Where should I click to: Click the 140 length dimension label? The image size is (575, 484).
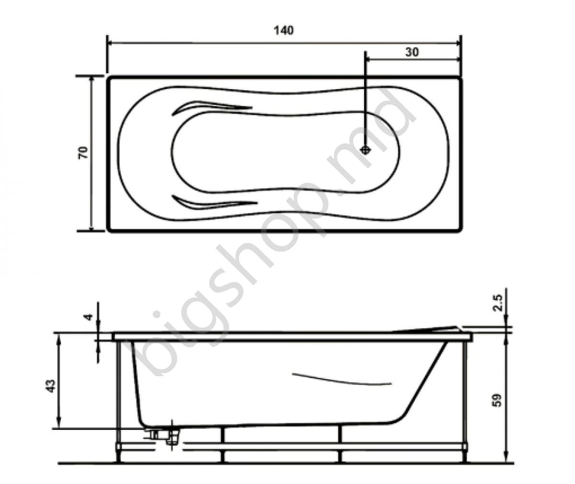284,30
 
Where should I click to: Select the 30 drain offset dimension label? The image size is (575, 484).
412,52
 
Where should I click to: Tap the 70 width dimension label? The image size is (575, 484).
83,153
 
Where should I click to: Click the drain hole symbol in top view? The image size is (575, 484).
366,150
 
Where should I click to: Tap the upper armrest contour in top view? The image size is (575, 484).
211,106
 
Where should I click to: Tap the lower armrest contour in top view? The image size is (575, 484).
211,203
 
